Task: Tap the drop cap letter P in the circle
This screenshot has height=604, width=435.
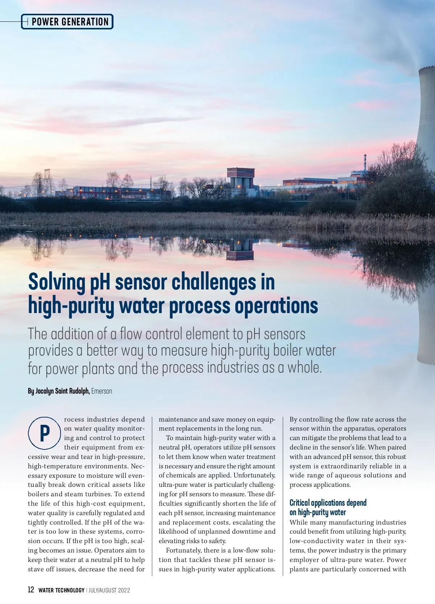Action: pyautogui.click(x=45, y=434)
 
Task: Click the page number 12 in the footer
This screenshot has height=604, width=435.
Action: pyautogui.click(x=31, y=590)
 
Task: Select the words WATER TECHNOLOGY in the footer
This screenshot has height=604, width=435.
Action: pyautogui.click(x=61, y=590)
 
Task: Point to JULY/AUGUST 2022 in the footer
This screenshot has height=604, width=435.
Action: pyautogui.click(x=109, y=590)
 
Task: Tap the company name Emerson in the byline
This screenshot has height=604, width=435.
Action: pyautogui.click(x=102, y=391)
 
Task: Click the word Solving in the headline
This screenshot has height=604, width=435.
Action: pyautogui.click(x=56, y=283)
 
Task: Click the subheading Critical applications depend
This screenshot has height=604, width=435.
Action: pyautogui.click(x=328, y=502)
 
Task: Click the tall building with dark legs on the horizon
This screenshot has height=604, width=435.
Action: pyautogui.click(x=240, y=177)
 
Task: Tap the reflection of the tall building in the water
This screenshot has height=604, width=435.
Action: pyautogui.click(x=240, y=250)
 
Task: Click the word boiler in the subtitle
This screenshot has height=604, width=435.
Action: pyautogui.click(x=287, y=350)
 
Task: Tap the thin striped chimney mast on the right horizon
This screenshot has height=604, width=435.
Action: pyautogui.click(x=365, y=163)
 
